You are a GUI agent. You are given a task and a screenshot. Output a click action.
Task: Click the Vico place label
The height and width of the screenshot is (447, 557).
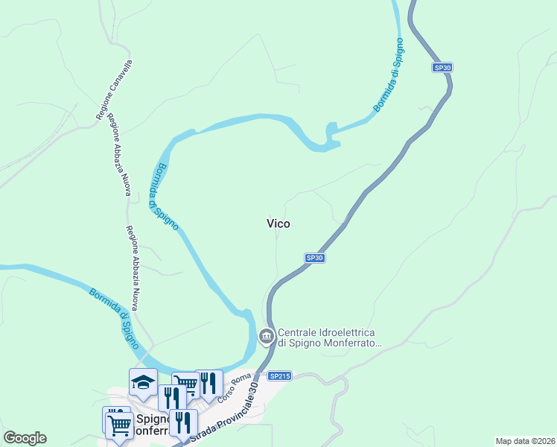[278, 223]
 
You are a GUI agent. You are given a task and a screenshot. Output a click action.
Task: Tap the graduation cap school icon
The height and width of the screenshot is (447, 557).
[143, 382]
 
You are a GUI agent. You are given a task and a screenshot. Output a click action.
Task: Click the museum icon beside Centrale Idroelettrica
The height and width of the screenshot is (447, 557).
[267, 337]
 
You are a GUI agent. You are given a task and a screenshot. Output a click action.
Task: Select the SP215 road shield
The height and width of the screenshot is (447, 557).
[279, 376]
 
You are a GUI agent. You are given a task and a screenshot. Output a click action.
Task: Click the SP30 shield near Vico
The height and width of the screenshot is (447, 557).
[315, 258]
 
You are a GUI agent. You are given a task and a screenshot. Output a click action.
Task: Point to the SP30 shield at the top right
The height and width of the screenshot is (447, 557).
[442, 68]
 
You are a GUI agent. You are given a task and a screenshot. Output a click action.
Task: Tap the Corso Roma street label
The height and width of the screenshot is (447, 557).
[233, 389]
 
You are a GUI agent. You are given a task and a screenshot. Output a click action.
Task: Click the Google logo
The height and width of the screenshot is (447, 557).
[25, 438]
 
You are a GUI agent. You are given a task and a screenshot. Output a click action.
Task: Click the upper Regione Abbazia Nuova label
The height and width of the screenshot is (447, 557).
[119, 154]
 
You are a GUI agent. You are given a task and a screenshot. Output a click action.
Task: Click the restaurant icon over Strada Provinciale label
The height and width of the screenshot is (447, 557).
[183, 422]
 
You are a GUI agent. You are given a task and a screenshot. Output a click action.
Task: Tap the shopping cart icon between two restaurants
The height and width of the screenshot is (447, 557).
[186, 384]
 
